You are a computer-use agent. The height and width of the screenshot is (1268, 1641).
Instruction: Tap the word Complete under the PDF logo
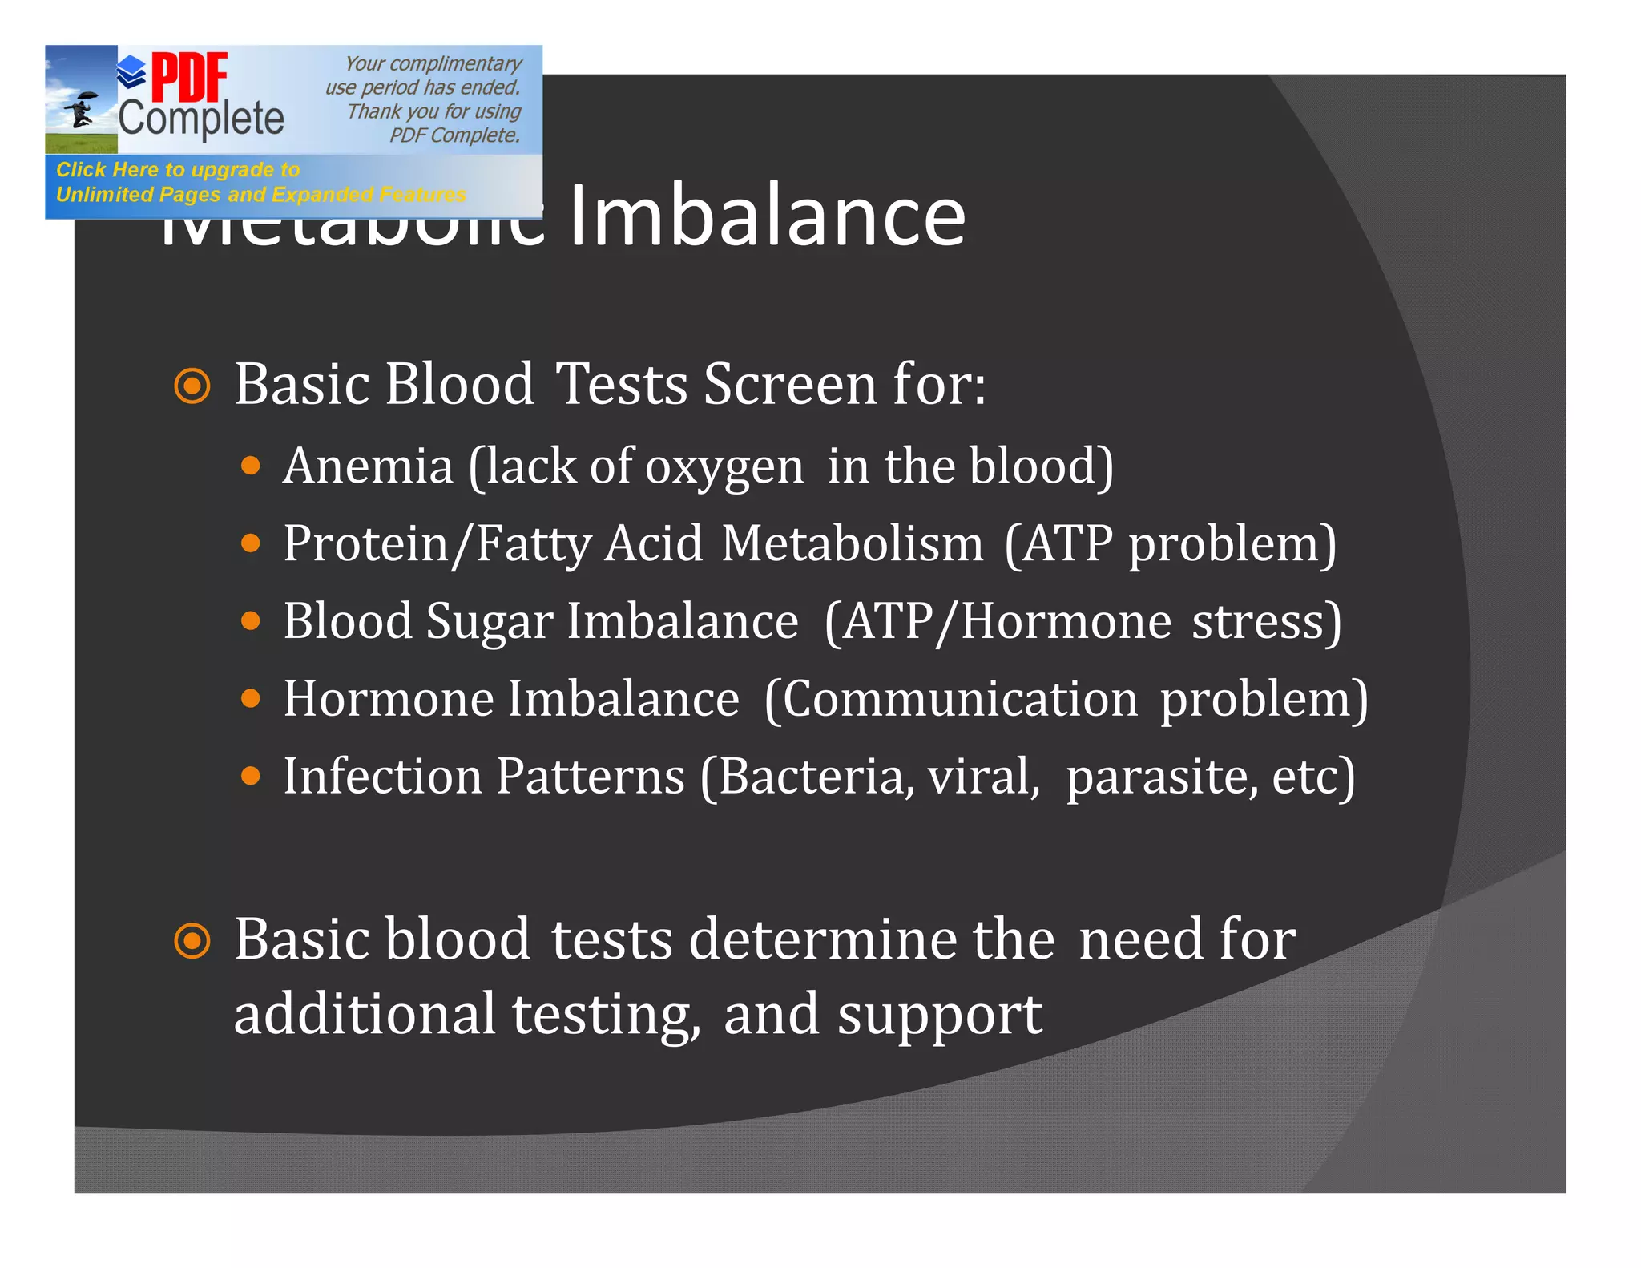(x=201, y=119)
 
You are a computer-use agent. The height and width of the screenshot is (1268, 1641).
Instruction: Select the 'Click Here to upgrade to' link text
(x=178, y=169)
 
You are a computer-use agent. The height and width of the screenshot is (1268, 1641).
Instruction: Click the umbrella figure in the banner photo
(x=80, y=111)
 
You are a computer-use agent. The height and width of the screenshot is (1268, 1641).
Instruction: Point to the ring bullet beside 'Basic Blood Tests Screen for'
(x=192, y=386)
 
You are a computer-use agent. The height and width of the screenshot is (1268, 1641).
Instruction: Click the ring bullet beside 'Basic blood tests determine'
(x=192, y=941)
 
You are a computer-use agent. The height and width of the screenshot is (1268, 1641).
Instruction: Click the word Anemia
(x=368, y=466)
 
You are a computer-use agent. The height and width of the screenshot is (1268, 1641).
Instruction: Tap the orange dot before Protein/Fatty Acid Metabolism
(x=251, y=544)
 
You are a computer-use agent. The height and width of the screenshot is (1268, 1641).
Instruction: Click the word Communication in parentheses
(x=960, y=699)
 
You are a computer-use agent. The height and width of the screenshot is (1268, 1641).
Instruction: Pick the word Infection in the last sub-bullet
(x=382, y=776)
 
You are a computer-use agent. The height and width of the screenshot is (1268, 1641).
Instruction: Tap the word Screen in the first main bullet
(x=790, y=385)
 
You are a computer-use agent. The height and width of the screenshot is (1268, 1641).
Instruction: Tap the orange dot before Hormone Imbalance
(x=251, y=699)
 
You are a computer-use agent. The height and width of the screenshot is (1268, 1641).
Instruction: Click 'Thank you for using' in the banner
(x=433, y=111)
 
